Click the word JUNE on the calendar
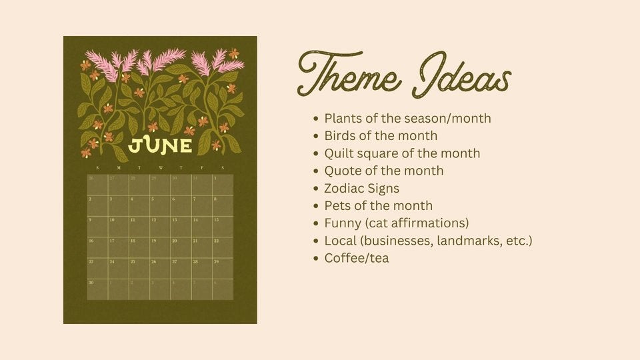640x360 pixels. pos(160,145)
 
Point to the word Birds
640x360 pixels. pos(340,136)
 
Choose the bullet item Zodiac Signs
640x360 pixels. pos(361,188)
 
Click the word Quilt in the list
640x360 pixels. pos(340,153)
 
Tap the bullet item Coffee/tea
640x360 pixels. pos(356,257)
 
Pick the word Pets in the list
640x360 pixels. pos(338,205)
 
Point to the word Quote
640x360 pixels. pos(343,171)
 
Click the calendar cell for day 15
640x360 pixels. pos(223,227)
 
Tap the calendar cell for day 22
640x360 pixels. pos(223,247)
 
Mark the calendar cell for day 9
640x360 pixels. pos(97,227)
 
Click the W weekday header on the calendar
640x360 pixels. pos(160,168)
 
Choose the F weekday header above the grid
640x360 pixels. pos(202,168)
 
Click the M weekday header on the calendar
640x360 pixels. pos(118,168)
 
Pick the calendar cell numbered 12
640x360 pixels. pos(160,227)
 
